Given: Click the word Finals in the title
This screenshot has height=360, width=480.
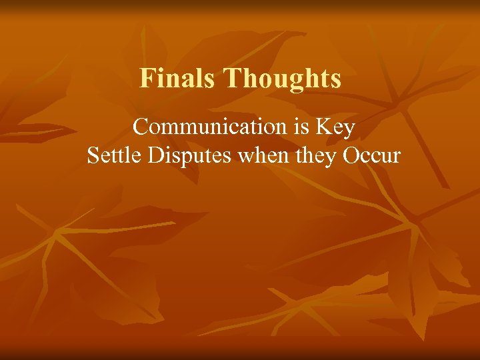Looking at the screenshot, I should point(178,79).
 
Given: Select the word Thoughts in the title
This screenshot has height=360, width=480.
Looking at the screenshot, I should point(282,79).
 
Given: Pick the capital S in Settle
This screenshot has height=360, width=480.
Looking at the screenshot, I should point(93,155).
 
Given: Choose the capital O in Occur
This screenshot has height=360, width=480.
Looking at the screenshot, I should point(351,155).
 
